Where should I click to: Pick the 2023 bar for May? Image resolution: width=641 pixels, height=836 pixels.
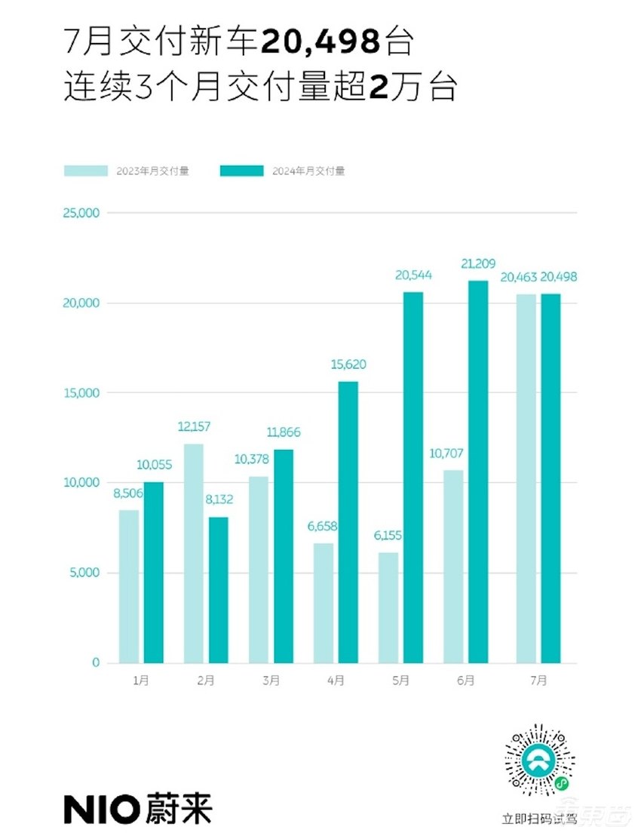point(388,607)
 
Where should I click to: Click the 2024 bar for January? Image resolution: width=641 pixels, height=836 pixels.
point(154,573)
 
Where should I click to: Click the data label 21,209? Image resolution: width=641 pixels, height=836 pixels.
point(478,265)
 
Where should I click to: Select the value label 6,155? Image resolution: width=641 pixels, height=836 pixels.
point(388,536)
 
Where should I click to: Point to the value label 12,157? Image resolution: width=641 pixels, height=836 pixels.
point(194,427)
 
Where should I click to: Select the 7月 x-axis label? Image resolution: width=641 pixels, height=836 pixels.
point(538,681)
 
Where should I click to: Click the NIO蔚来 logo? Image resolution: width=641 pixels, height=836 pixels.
point(137,808)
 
